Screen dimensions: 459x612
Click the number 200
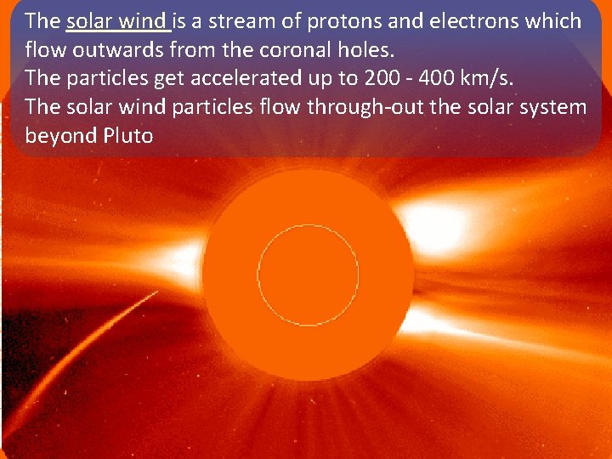point(381,78)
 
